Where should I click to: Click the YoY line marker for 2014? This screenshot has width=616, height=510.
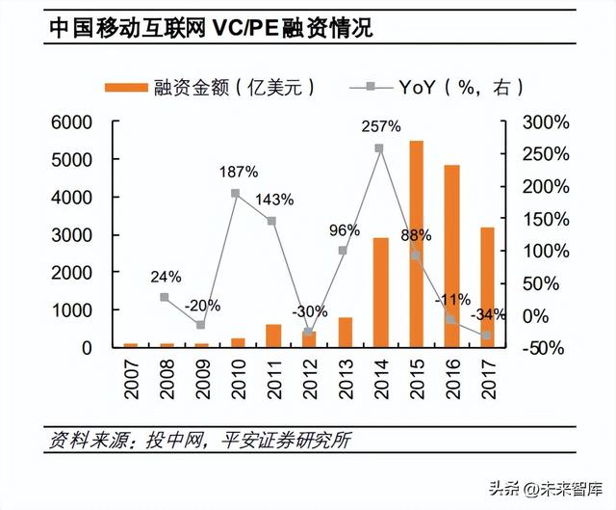(379, 148)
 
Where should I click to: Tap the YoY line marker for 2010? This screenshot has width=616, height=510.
(236, 193)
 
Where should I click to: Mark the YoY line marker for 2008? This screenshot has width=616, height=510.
(165, 297)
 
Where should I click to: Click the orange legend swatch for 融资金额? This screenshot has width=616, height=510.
(125, 87)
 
